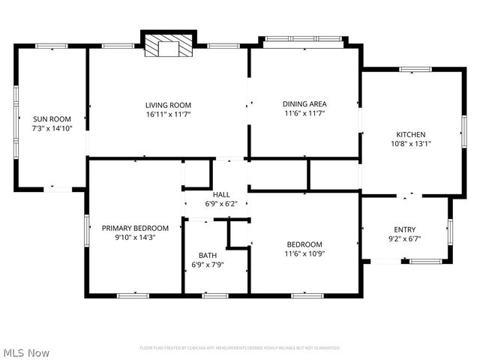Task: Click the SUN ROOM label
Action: coord(51,118)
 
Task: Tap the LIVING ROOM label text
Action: coord(168,104)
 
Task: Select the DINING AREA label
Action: coord(304,103)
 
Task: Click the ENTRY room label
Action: coord(405,229)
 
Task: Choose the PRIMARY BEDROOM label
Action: coord(135,228)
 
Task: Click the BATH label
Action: coord(208,255)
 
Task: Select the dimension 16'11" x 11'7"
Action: coord(168,114)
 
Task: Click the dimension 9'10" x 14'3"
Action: coord(135,238)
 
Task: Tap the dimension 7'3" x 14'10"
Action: coord(51,128)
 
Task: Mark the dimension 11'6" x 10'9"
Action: coord(304,253)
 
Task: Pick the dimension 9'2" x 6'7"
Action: coord(405,239)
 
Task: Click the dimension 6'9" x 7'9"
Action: coord(208,265)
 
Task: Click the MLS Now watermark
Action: coord(27,352)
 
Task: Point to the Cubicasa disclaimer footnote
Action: coord(240,348)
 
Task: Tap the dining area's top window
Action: coord(304,37)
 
